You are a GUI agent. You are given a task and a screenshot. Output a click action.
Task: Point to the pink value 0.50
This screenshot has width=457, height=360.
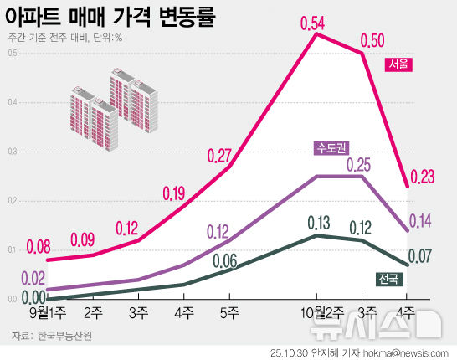[x=373, y=40]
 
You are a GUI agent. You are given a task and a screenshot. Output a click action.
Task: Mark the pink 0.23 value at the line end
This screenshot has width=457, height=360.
[x=424, y=177]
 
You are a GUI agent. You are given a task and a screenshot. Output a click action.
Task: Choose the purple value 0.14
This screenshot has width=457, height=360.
[x=420, y=221]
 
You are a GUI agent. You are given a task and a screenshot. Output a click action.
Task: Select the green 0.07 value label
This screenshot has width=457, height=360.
[x=420, y=255]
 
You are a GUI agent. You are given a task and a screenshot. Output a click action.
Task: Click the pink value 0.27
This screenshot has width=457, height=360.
[x=218, y=156]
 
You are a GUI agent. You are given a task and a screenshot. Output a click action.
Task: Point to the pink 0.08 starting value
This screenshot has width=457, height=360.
[x=39, y=247]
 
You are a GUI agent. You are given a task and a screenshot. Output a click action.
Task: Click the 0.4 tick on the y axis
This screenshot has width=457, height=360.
[x=12, y=103]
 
